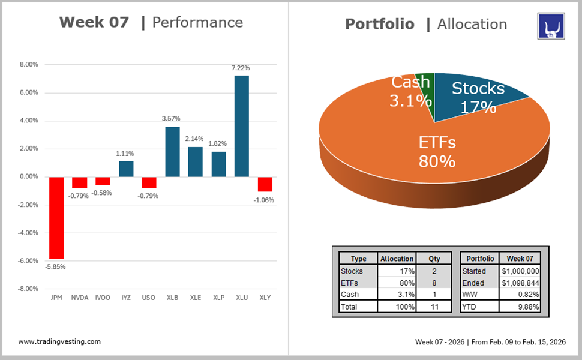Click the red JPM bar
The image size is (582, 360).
point(56,217)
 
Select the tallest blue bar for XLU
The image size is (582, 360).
point(241,126)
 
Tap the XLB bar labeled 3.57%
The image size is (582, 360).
point(172,151)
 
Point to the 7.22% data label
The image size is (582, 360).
point(241,68)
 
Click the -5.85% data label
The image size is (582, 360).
point(55,266)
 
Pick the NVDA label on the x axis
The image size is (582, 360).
point(80,298)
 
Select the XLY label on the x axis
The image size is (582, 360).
point(265,298)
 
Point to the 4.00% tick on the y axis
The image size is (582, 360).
point(29,121)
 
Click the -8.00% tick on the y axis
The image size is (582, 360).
point(28,289)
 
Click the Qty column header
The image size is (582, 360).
point(434,259)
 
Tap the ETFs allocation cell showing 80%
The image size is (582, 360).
point(397,283)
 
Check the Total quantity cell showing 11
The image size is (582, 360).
point(434,307)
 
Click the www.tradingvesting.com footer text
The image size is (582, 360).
point(59,341)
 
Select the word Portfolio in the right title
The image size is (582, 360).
point(379,24)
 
